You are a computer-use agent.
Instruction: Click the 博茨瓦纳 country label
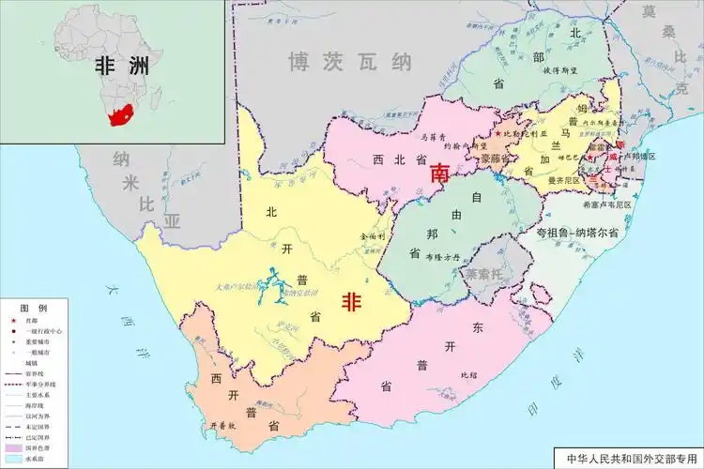(350, 63)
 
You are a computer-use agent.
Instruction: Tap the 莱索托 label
(485, 273)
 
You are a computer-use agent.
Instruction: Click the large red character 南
(439, 174)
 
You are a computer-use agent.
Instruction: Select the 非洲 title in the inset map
(121, 67)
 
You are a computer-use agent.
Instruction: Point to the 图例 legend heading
(34, 308)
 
